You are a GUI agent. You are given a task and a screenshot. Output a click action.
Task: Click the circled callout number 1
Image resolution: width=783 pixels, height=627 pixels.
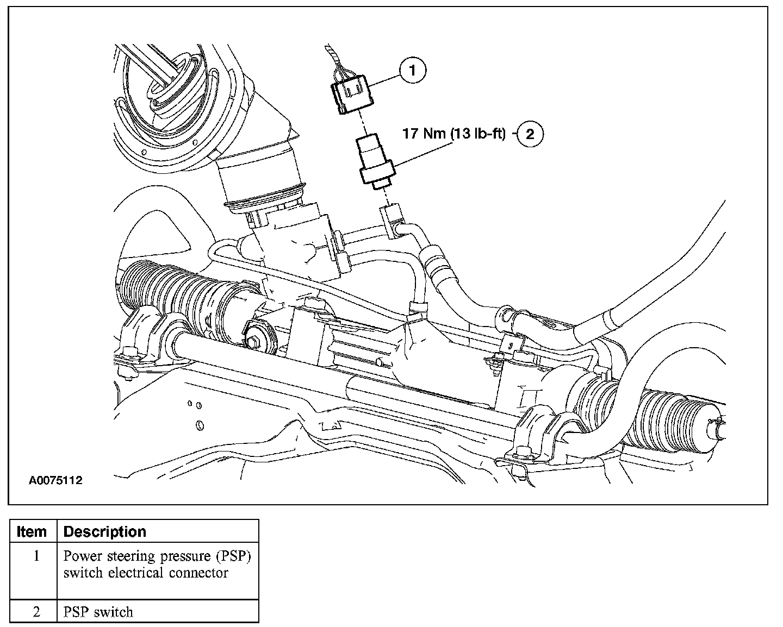(413, 70)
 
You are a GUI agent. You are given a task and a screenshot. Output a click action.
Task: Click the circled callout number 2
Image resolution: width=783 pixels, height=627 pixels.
(530, 134)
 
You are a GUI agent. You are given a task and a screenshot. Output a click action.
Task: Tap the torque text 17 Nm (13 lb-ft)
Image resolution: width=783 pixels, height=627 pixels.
(454, 134)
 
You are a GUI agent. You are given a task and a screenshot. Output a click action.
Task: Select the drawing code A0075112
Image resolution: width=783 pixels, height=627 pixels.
(56, 480)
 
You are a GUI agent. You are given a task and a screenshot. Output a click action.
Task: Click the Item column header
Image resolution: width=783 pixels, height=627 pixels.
(32, 531)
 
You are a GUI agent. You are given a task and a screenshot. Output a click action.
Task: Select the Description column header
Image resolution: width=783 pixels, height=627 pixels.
(105, 531)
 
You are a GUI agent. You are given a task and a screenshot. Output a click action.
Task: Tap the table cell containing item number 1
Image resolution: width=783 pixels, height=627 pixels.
(36, 556)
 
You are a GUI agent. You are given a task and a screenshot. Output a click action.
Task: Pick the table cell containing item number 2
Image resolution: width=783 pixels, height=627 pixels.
(36, 612)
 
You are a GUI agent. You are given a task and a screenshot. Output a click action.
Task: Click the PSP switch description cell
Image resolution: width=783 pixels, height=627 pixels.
(98, 612)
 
